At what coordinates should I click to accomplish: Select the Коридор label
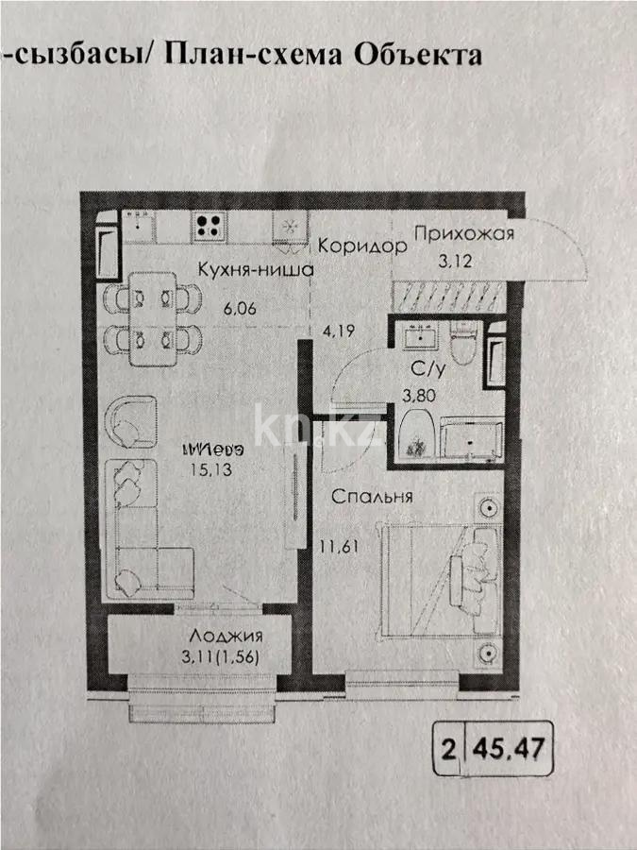(x=361, y=246)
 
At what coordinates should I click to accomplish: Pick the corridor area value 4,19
(x=337, y=331)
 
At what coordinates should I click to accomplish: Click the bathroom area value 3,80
(x=419, y=397)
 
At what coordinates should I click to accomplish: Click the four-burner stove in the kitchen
(x=208, y=227)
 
